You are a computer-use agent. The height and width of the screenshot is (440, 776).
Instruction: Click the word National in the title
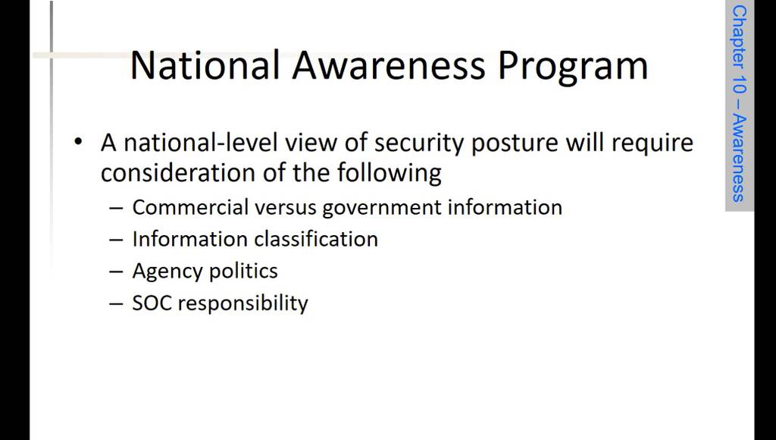[x=205, y=65]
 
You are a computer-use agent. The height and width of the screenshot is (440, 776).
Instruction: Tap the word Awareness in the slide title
[x=389, y=65]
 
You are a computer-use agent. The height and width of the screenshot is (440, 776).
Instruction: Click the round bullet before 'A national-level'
[x=78, y=142]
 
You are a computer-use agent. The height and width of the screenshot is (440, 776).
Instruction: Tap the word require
[x=652, y=144]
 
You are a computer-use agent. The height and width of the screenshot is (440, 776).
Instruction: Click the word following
[x=389, y=174]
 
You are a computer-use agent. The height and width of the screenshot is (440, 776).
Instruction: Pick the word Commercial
[x=190, y=207]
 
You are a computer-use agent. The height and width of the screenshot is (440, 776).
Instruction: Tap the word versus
[x=286, y=208]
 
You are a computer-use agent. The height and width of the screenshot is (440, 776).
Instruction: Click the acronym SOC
[x=152, y=303]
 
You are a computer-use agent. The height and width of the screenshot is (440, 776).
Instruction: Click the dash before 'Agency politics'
[x=116, y=272]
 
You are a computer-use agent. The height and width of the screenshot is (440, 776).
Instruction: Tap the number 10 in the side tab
[x=739, y=86]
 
